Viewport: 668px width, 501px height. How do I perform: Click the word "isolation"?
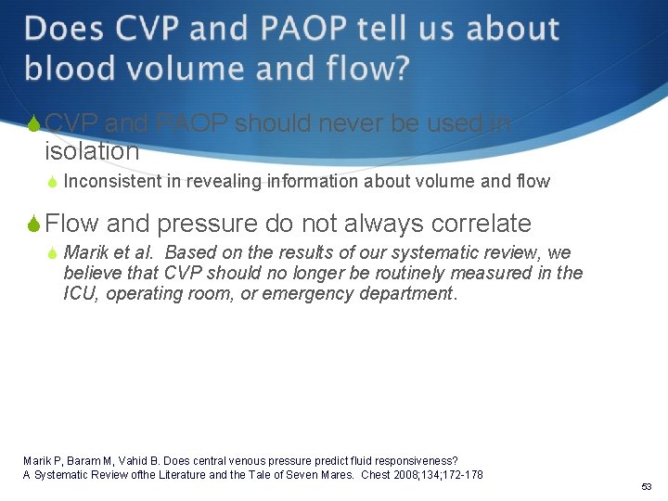(92, 150)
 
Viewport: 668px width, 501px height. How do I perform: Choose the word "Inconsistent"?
(113, 181)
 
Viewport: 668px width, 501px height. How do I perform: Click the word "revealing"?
(224, 181)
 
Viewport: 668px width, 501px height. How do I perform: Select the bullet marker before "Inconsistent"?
(53, 182)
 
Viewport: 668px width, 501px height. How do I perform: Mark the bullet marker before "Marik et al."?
(53, 253)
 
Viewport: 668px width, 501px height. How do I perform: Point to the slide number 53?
(646, 487)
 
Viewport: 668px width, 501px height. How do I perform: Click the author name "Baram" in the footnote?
(77, 461)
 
